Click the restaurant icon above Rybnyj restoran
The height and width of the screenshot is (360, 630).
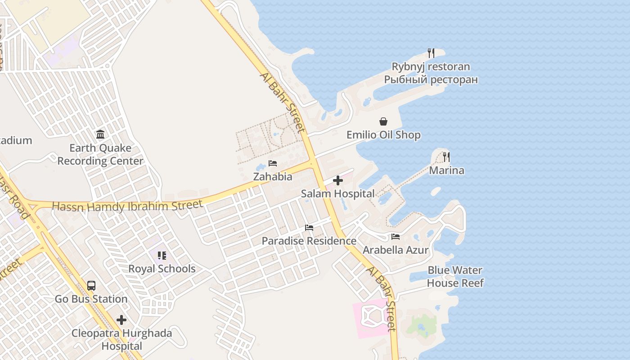click(431, 53)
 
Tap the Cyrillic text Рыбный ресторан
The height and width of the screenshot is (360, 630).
click(431, 80)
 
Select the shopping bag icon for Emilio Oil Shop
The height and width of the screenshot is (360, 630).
click(383, 121)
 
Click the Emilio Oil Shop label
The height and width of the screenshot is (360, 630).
click(383, 135)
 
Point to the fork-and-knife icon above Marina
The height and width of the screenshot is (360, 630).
click(446, 157)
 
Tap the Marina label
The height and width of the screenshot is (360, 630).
click(446, 171)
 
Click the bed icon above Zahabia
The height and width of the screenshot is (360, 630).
click(273, 163)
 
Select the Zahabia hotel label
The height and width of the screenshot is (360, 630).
click(273, 177)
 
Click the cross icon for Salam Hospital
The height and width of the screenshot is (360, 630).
click(338, 180)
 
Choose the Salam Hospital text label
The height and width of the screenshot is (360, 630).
click(337, 194)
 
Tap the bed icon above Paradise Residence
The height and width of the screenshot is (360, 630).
click(309, 228)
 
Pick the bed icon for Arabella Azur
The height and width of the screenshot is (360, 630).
click(396, 237)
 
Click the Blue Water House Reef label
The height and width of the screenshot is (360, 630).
click(455, 277)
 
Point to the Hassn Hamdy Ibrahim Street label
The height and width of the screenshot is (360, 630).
click(127, 206)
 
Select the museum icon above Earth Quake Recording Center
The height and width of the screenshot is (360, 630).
click(100, 135)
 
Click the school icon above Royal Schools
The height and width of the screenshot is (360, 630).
click(162, 256)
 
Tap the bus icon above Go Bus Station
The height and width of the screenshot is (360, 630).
click(91, 286)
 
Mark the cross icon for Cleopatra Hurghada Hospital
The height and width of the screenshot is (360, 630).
click(121, 320)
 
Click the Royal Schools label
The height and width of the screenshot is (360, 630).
click(162, 269)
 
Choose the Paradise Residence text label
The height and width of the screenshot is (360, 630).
click(309, 241)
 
